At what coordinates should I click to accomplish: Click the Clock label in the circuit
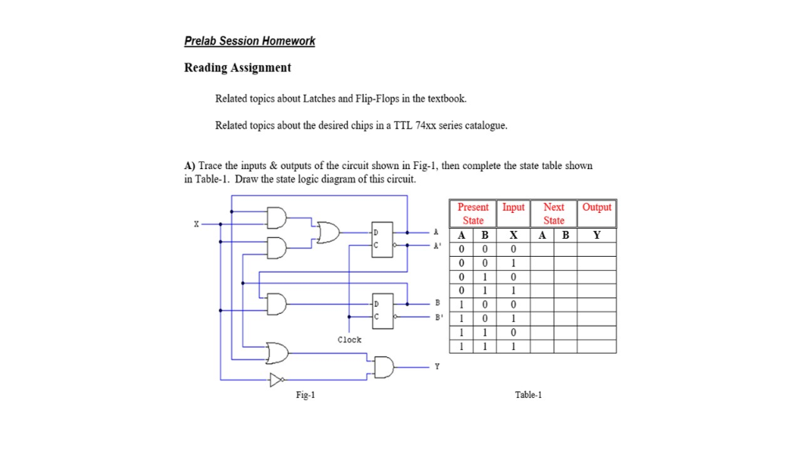(350, 340)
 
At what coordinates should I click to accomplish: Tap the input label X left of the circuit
(196, 224)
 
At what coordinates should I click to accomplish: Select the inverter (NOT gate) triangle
(275, 381)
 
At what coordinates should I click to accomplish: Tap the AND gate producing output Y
(385, 366)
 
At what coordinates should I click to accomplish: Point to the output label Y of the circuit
(436, 366)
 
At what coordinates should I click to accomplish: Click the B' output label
(438, 317)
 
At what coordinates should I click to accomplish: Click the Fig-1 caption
(306, 395)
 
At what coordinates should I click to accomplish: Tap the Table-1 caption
(529, 395)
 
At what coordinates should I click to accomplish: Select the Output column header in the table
(597, 207)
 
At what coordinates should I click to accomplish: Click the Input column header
(513, 207)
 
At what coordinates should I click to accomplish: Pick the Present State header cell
(472, 213)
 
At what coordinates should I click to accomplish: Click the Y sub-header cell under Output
(597, 235)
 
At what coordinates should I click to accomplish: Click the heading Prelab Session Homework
(250, 41)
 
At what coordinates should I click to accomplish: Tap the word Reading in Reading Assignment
(206, 68)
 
